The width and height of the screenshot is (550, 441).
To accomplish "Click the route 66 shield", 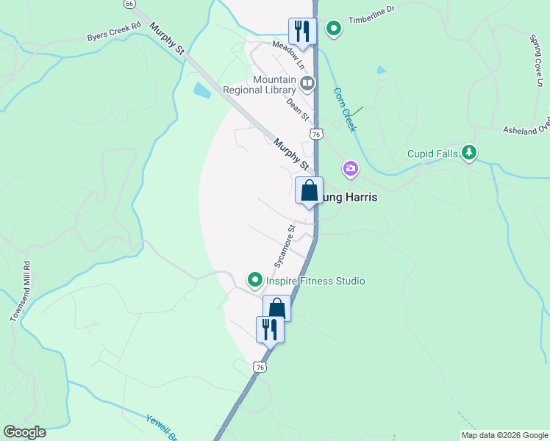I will pos(129,4).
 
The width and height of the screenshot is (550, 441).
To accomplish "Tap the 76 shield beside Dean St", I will pos(316,135).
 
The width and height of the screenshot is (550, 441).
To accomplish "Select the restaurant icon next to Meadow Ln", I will pos(301,31).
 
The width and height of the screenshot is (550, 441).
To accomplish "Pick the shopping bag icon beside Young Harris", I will pos(309,190).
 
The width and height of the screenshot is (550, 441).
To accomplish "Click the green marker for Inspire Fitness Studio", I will pos(254,280).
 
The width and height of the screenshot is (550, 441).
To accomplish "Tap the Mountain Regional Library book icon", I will pos(307,83).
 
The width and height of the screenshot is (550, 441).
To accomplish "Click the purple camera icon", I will pos(351,169).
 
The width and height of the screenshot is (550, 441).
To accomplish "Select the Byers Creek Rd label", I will pos(113,32).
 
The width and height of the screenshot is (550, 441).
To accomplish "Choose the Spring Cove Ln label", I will pos(534,59).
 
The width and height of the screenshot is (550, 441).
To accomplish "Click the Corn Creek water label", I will pos(345,110).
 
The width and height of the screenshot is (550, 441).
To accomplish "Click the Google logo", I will pos(24,432).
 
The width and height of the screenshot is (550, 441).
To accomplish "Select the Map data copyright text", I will pos(504,435).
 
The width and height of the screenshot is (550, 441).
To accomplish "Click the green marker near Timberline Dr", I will pos(334,29).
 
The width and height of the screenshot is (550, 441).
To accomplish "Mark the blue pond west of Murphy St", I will pos(201,91).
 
